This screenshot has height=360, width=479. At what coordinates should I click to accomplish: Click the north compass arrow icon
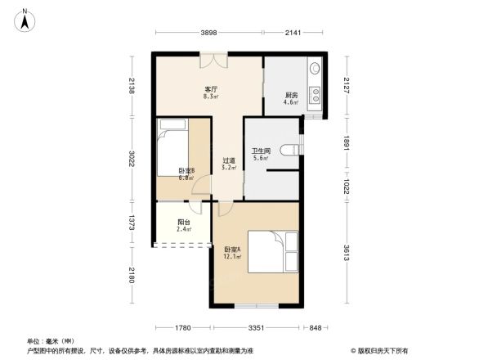tap(26, 18)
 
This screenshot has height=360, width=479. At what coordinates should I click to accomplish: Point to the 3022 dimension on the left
tap(131, 158)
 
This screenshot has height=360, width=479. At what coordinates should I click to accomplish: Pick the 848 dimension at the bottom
tap(315, 328)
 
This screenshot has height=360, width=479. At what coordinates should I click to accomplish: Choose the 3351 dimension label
tap(257, 328)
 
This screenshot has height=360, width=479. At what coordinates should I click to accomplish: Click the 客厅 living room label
tap(210, 90)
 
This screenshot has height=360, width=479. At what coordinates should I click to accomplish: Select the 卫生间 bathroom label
tap(261, 151)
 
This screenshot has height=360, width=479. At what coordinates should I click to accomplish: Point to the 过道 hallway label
tap(229, 162)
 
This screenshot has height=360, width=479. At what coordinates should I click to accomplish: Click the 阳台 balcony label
tap(185, 223)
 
